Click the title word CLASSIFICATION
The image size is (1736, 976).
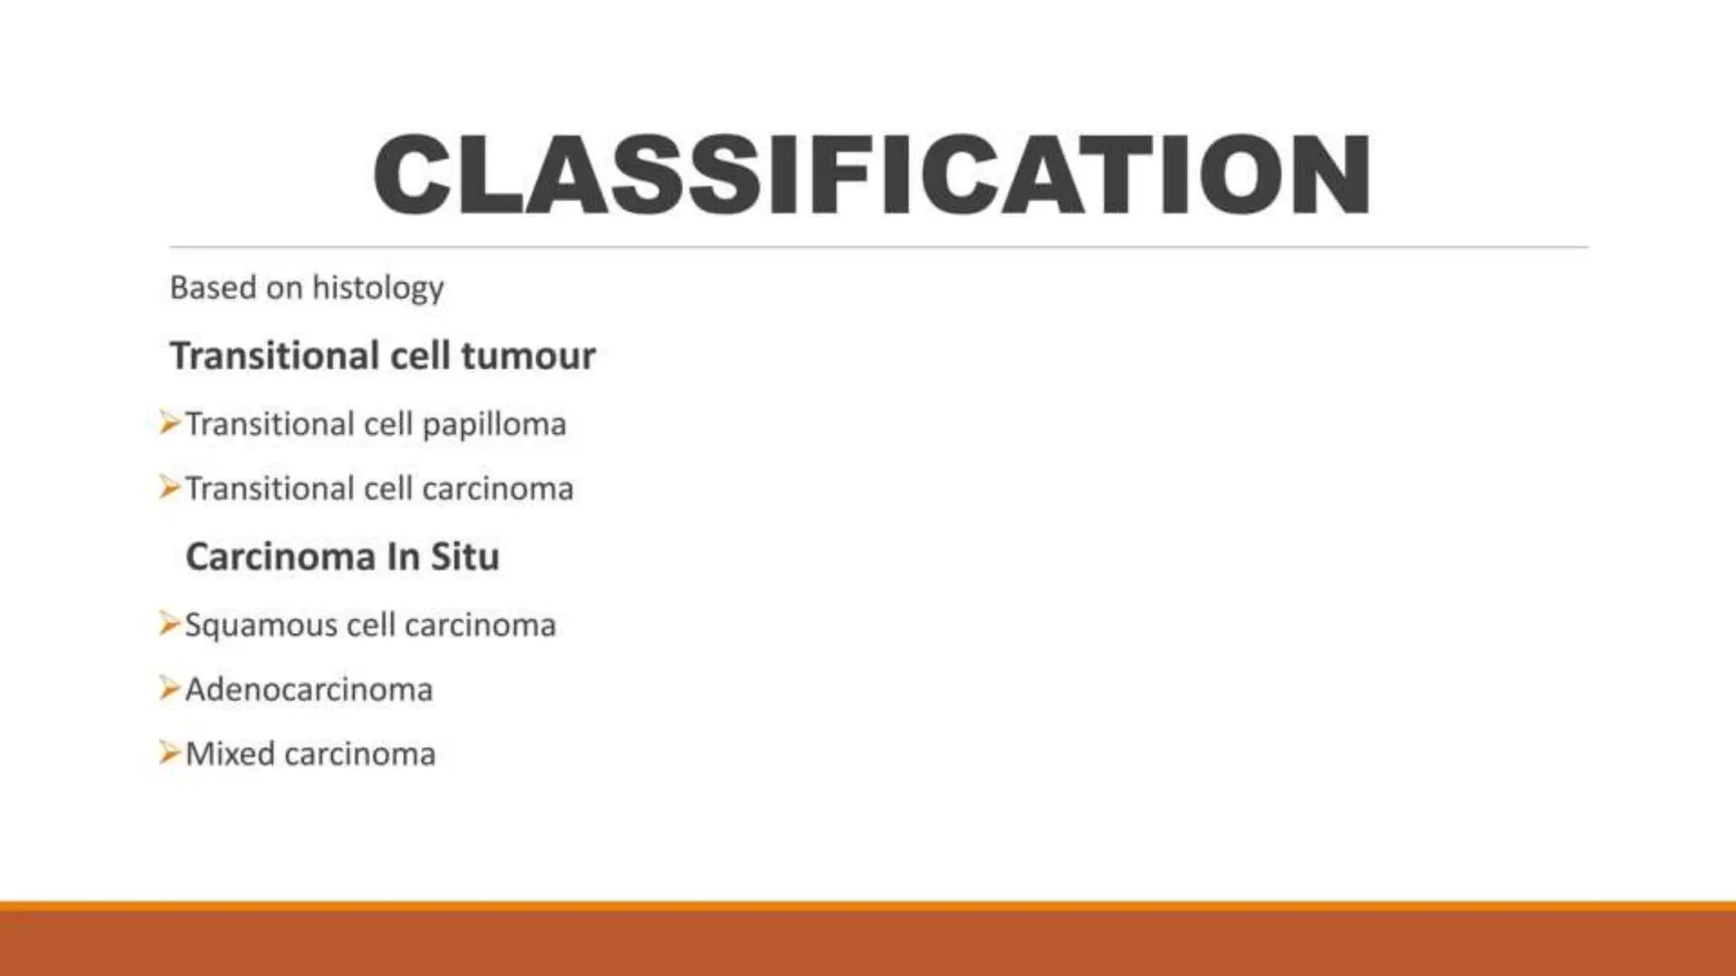[x=871, y=175]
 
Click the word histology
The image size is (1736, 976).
[x=378, y=289]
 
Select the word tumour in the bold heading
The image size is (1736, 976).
[x=528, y=356]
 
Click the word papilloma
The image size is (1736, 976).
[x=494, y=424]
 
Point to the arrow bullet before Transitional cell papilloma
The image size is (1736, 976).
[x=170, y=422]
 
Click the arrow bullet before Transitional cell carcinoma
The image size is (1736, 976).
[x=170, y=487]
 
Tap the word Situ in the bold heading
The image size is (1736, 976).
[x=465, y=557]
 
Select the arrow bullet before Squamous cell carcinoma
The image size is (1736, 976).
[x=170, y=624]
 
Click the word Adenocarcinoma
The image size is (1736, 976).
[x=309, y=690]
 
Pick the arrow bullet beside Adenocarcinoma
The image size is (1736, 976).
[x=170, y=688]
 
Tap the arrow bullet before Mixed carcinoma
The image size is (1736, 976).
[x=170, y=752]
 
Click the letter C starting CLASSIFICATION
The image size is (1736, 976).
[x=412, y=175]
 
